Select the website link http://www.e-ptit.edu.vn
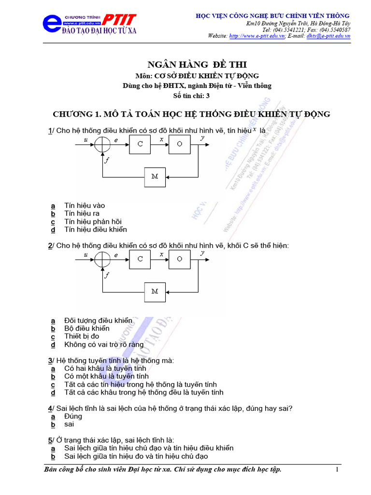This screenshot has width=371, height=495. click(257, 36)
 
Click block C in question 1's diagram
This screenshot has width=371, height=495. click(140, 144)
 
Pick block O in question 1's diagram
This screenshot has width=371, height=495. click(179, 144)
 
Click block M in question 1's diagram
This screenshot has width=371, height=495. click(155, 176)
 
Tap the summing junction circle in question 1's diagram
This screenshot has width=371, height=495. click(102, 144)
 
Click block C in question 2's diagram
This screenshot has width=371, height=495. click(140, 259)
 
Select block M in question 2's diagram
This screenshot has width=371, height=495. click(155, 291)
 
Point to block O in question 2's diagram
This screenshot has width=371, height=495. click(179, 259)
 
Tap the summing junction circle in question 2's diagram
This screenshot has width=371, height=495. click(102, 259)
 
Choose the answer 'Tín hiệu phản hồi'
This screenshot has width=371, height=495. click(93, 222)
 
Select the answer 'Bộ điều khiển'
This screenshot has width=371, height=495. click(87, 329)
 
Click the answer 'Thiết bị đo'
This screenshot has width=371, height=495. click(82, 336)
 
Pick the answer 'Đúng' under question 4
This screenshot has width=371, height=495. click(73, 417)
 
